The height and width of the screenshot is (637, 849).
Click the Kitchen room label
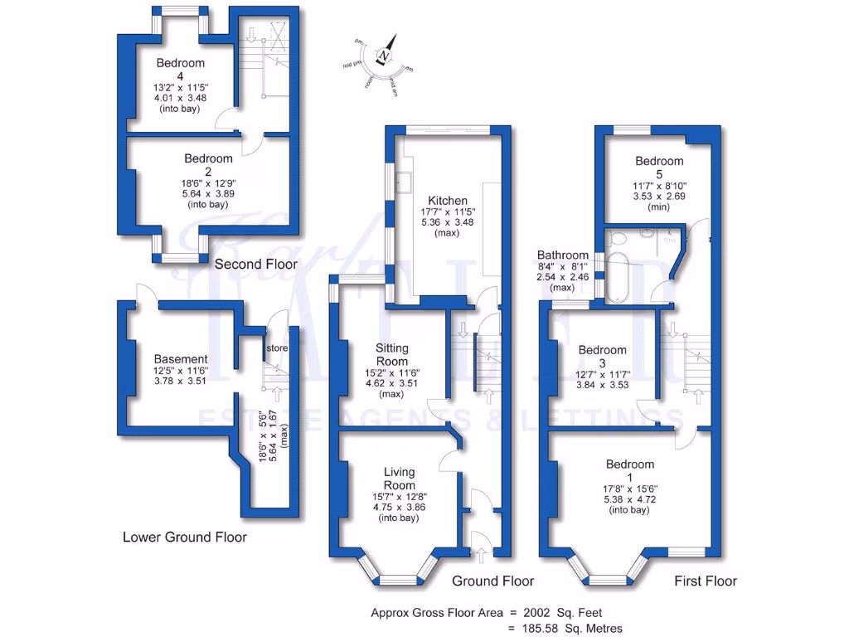(x=448, y=201)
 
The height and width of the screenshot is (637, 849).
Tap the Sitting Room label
(x=391, y=355)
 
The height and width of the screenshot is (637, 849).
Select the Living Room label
(x=399, y=479)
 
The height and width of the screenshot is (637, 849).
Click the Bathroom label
(x=562, y=255)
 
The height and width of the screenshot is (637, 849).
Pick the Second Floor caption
(x=255, y=265)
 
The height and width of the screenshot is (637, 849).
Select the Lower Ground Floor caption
(x=184, y=537)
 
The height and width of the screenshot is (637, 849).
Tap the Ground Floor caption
(x=493, y=581)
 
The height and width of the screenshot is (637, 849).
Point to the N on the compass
(x=385, y=56)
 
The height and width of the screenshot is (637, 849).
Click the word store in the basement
(x=278, y=348)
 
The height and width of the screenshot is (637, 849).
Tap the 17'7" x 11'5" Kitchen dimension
(x=448, y=212)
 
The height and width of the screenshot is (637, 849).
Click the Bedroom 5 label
(x=659, y=161)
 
